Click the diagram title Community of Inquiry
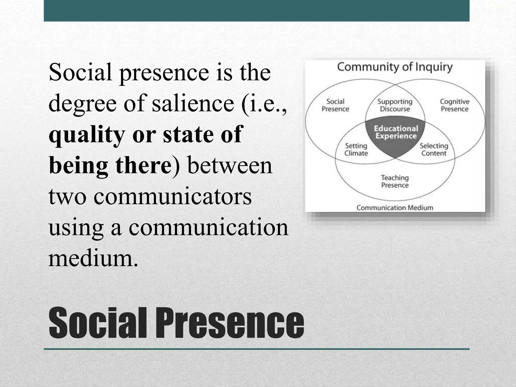395,67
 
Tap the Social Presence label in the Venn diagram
335,105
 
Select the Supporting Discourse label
395,105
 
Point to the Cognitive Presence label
455,105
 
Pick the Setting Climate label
356,149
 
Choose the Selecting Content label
434,149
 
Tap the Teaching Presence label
395,182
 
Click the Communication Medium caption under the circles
395,208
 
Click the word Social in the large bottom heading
97,323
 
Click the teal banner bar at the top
256,11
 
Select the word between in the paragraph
230,165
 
